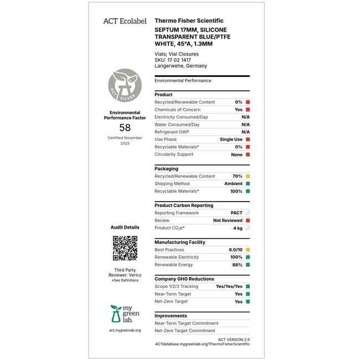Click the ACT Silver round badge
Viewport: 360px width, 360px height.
coord(125,86)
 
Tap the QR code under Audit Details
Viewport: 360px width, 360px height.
coord(125,248)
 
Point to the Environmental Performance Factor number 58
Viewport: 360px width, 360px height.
coord(125,127)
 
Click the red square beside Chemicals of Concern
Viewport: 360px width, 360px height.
coord(248,110)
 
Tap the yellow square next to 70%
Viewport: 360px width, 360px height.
coord(248,176)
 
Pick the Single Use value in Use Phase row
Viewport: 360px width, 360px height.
coord(231,140)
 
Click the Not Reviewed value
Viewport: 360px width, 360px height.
coord(228,220)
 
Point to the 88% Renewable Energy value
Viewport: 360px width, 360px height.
coord(237,265)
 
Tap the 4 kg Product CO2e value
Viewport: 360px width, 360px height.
coord(238,228)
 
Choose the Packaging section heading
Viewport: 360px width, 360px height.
coord(166,169)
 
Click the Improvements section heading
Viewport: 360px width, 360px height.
coord(171,316)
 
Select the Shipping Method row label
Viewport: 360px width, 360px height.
coord(172,184)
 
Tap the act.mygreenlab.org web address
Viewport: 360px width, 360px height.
coord(125,331)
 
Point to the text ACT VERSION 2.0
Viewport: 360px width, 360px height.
coord(234,339)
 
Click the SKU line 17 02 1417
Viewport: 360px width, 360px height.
coord(173,60)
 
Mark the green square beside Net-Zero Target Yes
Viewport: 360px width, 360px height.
coord(248,302)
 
